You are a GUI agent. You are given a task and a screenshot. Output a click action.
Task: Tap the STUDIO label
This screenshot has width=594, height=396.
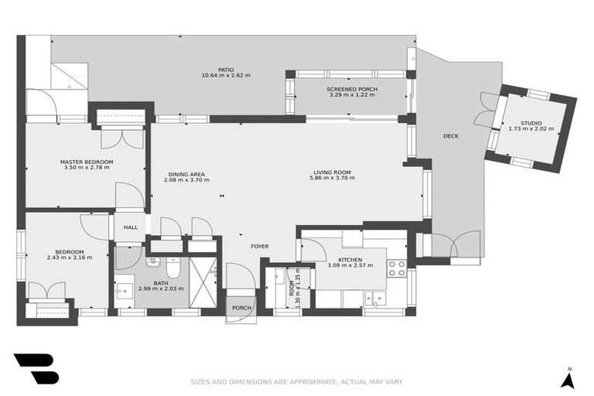(x=531, y=123)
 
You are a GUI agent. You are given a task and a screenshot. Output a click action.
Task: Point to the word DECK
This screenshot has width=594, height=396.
(x=451, y=136)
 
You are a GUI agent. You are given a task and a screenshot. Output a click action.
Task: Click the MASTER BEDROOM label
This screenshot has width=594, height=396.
(x=87, y=162)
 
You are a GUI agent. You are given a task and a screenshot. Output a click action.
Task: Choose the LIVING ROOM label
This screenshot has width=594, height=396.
(x=332, y=172)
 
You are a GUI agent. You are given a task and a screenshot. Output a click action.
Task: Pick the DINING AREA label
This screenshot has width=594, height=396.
(x=186, y=173)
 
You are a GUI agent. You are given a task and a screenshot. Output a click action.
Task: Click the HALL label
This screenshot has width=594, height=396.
(x=130, y=227)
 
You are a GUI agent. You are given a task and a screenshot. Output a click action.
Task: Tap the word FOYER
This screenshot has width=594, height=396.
(x=259, y=246)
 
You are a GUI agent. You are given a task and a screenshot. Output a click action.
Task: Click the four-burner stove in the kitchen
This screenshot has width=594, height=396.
(x=396, y=268)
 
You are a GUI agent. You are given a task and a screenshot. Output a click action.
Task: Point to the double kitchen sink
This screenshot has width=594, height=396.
(x=375, y=297)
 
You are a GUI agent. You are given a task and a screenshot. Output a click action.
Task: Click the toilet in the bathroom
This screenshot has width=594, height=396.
(x=173, y=267)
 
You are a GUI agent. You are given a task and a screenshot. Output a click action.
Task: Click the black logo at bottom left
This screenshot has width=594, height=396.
(x=36, y=368)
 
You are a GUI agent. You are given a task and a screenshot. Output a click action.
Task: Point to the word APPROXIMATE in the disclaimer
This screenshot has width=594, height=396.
(x=316, y=381)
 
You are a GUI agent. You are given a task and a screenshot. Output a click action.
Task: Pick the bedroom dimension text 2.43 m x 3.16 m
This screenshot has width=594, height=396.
(x=69, y=258)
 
